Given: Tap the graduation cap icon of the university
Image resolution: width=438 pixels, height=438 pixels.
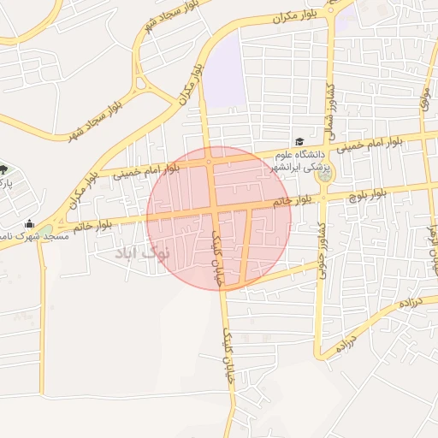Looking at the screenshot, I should [299, 142].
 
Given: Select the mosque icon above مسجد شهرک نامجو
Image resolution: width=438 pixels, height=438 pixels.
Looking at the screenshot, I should [29, 224].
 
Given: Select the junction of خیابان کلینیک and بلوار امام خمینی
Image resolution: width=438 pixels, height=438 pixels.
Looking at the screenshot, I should [210, 161].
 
